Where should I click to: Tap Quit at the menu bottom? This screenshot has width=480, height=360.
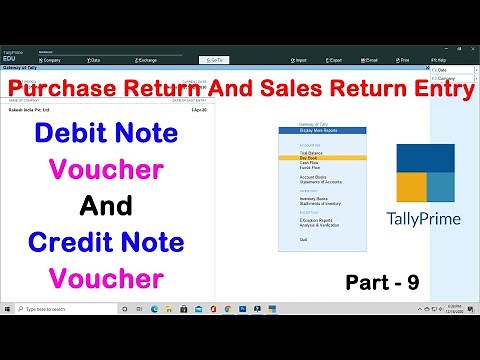(x=290, y=239)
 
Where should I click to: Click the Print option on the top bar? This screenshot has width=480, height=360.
(x=404, y=60)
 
